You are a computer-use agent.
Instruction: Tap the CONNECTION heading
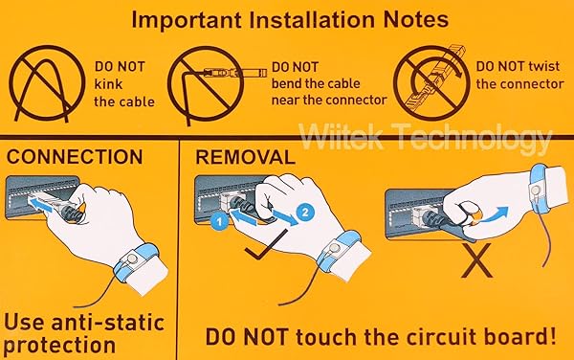[75, 157]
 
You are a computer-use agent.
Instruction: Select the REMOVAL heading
[245, 157]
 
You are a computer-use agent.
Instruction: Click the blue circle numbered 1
[220, 221]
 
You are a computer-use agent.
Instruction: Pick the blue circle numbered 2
[305, 212]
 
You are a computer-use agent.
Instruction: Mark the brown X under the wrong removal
[476, 260]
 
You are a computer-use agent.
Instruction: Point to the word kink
[108, 84]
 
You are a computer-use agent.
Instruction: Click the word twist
[544, 66]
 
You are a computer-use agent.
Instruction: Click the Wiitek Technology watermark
[426, 137]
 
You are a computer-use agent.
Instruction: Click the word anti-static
[108, 323]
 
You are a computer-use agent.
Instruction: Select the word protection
[59, 346]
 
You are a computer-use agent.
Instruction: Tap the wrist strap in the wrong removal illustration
[540, 188]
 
